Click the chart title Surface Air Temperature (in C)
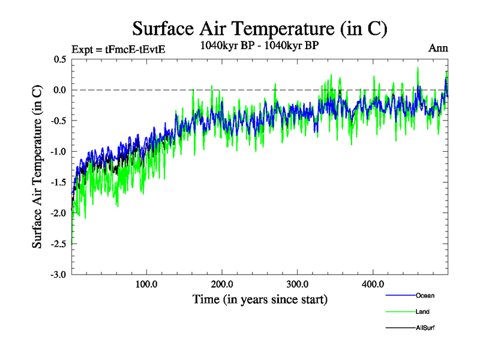259,29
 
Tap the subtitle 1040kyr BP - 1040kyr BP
259,45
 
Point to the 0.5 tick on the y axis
59,59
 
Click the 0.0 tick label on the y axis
59,90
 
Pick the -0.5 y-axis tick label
58,121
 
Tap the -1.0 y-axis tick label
58,151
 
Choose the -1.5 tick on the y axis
58,182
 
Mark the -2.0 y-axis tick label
58,213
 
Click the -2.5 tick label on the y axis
58,244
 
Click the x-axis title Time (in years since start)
260,298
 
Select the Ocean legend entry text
425,295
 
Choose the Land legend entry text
422,311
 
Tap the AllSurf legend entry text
424,328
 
